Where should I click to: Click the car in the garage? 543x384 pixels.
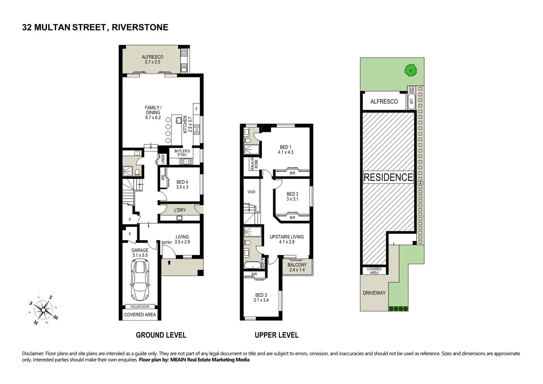[140, 279]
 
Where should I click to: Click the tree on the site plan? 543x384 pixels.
[410, 70]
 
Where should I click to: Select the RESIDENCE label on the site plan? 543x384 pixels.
[388, 177]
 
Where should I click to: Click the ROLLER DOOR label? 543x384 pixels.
[140, 306]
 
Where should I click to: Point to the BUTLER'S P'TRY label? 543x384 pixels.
[182, 153]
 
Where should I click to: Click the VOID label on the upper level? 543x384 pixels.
[251, 192]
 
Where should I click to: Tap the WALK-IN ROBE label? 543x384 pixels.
[254, 164]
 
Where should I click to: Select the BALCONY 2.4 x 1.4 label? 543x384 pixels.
[297, 267]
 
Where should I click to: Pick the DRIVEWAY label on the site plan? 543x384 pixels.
[374, 293]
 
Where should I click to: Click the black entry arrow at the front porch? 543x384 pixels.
[169, 263]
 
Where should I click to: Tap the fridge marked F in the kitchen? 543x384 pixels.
[196, 109]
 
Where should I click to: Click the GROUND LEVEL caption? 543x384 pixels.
[161, 335]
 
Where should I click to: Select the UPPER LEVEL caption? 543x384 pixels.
[276, 335]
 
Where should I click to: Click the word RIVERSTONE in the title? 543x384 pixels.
[140, 27]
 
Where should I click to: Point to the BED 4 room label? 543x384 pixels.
[182, 185]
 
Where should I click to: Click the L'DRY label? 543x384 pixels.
[180, 210]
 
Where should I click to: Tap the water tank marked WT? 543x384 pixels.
[412, 101]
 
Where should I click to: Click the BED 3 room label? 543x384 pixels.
[261, 298]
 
